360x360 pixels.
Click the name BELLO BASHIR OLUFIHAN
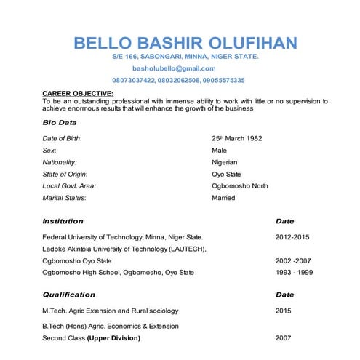tap(185, 43)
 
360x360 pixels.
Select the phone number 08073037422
tap(133, 80)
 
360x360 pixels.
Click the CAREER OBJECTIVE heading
tap(78, 94)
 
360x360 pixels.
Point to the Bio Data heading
tap(60, 122)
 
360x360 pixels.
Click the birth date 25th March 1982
tap(236, 138)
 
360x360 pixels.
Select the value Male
tap(219, 150)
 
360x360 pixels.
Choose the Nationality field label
tap(60, 162)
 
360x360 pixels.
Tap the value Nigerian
tap(224, 162)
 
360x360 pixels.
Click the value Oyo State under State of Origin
tap(226, 174)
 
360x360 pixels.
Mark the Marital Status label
tap(64, 197)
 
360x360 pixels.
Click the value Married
tap(223, 197)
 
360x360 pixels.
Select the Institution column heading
tap(63, 221)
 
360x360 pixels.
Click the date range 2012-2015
tap(292, 237)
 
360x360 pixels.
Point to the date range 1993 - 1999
tap(294, 273)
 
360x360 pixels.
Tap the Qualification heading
tap(68, 295)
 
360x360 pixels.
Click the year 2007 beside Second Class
tap(284, 338)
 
